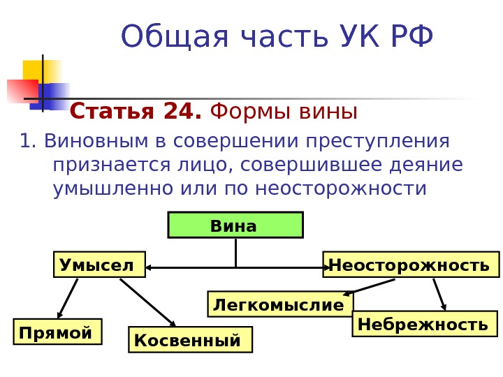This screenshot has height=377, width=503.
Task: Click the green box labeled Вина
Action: click(x=235, y=225)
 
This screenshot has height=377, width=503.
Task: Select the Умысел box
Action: click(x=99, y=265)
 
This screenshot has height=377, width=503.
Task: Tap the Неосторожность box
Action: click(x=411, y=265)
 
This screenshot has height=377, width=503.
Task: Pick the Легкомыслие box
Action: click(x=280, y=304)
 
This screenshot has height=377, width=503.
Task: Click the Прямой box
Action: click(x=57, y=332)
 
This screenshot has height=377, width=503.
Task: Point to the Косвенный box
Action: click(x=190, y=340)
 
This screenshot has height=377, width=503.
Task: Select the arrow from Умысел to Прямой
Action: click(x=67, y=299)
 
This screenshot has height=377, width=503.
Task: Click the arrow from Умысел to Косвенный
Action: click(x=147, y=302)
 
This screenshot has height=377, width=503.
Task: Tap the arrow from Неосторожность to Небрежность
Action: click(x=439, y=294)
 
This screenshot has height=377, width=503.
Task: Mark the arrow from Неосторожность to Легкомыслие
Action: click(x=369, y=287)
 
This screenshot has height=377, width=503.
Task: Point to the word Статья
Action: click(x=114, y=112)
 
